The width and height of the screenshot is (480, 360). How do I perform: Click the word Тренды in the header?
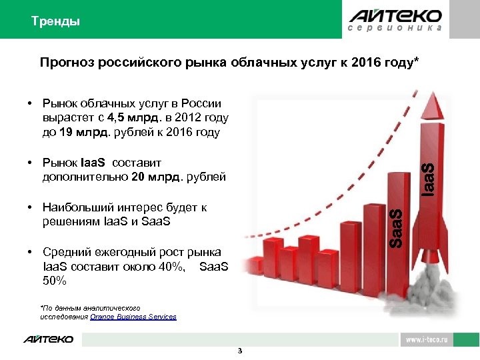[x=55, y=21]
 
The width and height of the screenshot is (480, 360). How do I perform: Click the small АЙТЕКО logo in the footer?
[x=49, y=339]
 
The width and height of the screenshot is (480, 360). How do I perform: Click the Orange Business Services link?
[x=138, y=317]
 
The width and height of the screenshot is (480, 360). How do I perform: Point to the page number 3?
[x=240, y=351]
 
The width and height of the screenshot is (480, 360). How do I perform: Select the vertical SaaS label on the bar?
[x=395, y=228]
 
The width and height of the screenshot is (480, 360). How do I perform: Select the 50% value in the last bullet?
[x=54, y=281]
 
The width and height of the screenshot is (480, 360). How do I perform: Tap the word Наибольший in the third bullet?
[x=73, y=207]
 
